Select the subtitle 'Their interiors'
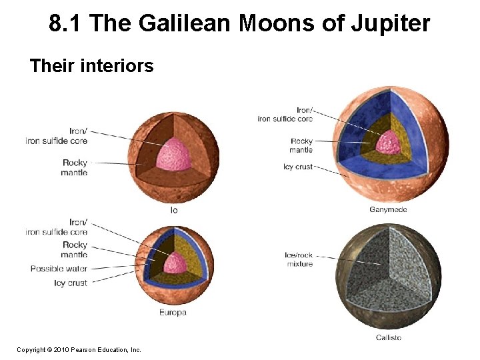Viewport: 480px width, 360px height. pos(92,66)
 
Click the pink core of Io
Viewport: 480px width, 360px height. pos(174,155)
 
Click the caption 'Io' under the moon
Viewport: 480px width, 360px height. pos(174,210)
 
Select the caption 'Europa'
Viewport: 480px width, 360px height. pos(173,312)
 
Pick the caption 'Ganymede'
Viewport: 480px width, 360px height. pos(388,210)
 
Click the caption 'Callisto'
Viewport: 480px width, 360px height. pos(388,338)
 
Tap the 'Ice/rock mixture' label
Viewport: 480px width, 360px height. pos(298,259)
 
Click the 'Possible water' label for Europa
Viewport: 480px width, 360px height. pos(59,269)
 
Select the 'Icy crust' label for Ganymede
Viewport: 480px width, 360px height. pos(297,167)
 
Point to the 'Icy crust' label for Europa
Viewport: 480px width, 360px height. pos(70,283)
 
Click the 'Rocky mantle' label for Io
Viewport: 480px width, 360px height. pos(74,168)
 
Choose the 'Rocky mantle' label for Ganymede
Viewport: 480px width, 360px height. pos(301,145)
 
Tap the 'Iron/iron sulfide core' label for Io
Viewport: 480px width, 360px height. pos(58,136)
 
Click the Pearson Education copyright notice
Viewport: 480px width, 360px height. pos(79,349)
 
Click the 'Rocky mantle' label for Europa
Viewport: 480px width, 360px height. pos(74,250)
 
